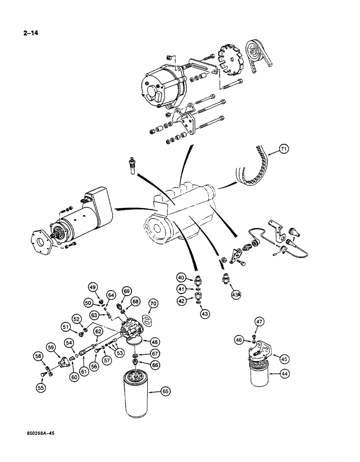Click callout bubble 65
click(x=165, y=391)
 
